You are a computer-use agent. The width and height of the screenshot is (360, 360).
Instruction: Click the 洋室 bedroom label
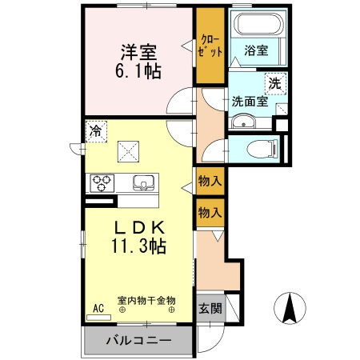pyautogui.click(x=138, y=50)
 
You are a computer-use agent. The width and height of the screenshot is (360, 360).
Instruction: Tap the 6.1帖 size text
pyautogui.click(x=138, y=71)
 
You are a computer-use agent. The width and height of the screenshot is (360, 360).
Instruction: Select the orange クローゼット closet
pyautogui.click(x=210, y=46)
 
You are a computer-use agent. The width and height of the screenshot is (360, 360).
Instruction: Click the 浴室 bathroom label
pyautogui.click(x=256, y=50)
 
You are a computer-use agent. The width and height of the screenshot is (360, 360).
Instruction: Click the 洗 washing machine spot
pyautogui.click(x=274, y=82)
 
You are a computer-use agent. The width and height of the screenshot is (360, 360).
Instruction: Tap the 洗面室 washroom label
pyautogui.click(x=249, y=102)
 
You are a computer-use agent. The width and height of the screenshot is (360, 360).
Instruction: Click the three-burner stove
pyautogui.click(x=102, y=182)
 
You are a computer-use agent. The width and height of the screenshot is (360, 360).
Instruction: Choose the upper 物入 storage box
pyautogui.click(x=210, y=182)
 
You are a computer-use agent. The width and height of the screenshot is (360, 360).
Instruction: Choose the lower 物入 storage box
pyautogui.click(x=210, y=212)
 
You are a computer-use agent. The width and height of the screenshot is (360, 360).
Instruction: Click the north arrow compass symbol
pyautogui.click(x=291, y=309)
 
